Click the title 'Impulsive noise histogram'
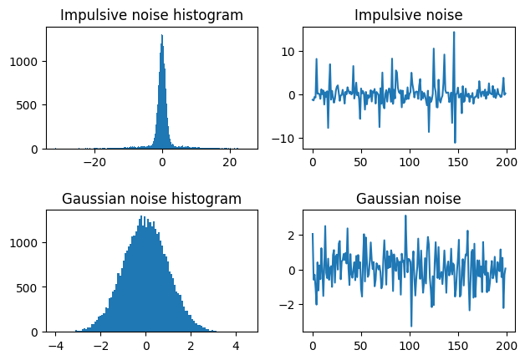[151, 15]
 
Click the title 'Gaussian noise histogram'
[151, 198]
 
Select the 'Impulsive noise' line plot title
[408, 15]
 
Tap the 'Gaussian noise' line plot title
[408, 198]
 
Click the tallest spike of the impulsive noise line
[454, 33]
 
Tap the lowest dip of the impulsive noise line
[455, 143]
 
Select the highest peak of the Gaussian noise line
[405, 215]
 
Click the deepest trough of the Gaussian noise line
[411, 326]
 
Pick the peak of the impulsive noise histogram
[161, 35]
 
